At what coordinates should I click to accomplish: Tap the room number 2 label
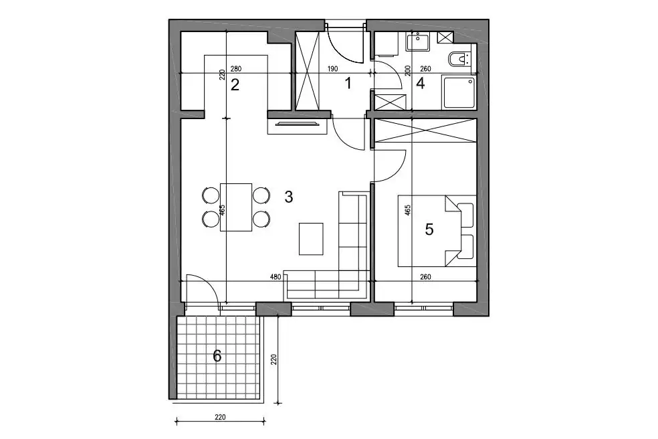coord(235,85)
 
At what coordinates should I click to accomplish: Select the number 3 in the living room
coord(288,197)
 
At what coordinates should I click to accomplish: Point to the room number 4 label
coord(420,83)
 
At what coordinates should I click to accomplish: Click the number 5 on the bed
coord(429,230)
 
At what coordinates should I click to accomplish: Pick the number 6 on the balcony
coord(217,356)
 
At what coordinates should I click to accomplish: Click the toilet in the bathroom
coord(459,60)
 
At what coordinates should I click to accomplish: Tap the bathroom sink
coord(417,42)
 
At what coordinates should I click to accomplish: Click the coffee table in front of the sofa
coord(311,239)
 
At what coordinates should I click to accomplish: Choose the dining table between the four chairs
coord(236,207)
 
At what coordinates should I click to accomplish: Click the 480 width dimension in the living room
coord(276,277)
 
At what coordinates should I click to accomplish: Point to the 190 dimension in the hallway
coord(332,70)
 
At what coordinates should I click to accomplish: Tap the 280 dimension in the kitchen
coord(236,70)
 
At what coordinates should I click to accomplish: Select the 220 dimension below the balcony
coord(220,417)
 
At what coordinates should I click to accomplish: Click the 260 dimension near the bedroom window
coord(425,277)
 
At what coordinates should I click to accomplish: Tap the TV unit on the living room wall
coord(297,126)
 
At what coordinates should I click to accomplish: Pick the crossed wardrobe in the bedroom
coord(425,131)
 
